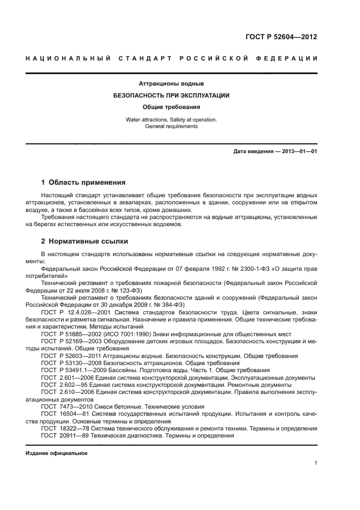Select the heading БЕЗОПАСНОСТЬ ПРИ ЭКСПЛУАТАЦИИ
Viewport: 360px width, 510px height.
pos(171,95)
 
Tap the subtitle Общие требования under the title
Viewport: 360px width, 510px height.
pos(171,107)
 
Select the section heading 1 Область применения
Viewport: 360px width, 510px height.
pos(83,182)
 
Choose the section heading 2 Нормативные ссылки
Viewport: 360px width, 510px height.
pos(85,241)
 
